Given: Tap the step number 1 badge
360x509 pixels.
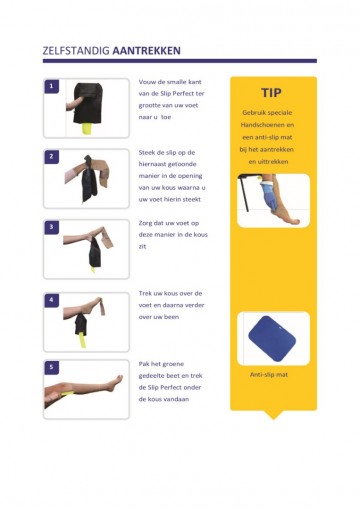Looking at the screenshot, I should pos(51,87).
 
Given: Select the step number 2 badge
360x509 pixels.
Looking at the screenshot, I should pos(51,157).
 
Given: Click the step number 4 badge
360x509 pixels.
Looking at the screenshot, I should pos(51,299).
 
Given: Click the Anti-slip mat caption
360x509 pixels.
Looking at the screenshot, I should pos(268,375).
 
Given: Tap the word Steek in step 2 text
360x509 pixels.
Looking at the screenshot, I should pos(149,151).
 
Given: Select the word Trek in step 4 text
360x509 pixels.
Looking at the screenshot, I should pos(147,293).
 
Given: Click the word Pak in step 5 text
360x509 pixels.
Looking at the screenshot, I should pos(145,363).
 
